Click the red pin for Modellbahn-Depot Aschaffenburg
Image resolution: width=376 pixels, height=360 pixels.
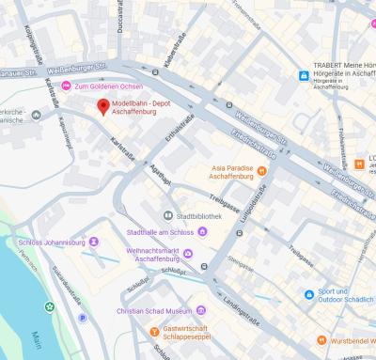point(103,104)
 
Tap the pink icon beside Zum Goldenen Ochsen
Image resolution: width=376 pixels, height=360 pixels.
point(65,86)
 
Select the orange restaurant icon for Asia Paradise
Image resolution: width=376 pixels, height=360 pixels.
point(262,171)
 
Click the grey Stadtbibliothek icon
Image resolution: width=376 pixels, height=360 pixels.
point(168,215)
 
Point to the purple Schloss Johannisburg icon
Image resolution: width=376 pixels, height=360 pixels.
point(93,242)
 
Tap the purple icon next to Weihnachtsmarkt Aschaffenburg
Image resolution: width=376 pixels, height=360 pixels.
point(189,255)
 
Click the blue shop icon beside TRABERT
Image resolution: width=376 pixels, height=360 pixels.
point(304,76)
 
